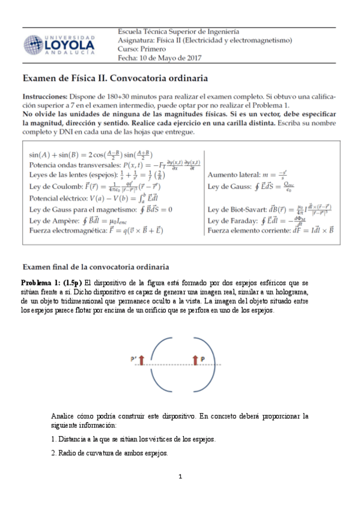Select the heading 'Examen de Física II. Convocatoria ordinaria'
click(115, 78)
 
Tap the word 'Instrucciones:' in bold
click(44, 96)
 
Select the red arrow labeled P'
click(142, 360)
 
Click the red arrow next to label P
click(195, 359)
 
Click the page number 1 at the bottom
click(180, 478)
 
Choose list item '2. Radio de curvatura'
click(109, 453)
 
